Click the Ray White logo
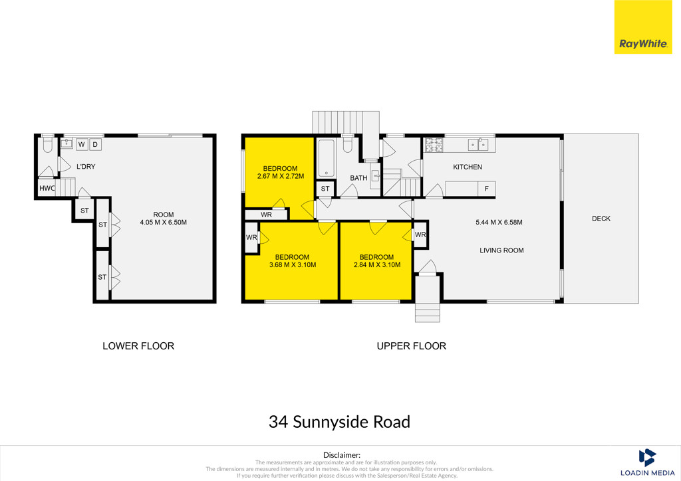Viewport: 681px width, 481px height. pyautogui.click(x=643, y=27)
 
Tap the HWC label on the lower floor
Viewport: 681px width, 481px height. pyautogui.click(x=47, y=188)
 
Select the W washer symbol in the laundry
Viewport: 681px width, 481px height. pyautogui.click(x=82, y=144)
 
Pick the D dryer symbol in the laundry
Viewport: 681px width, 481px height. pyautogui.click(x=96, y=144)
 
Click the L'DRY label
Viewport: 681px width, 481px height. pyautogui.click(x=86, y=167)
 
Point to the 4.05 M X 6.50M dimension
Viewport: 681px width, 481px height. pyautogui.click(x=164, y=223)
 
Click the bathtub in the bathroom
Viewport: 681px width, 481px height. pyautogui.click(x=326, y=158)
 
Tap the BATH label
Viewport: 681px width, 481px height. pyautogui.click(x=358, y=178)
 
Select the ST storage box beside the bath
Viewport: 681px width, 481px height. pyautogui.click(x=325, y=189)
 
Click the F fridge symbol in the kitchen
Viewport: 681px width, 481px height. pyautogui.click(x=486, y=189)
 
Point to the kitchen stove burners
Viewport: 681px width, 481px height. pyautogui.click(x=434, y=145)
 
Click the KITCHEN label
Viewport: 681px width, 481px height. pyautogui.click(x=468, y=167)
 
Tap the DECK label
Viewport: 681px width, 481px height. pyautogui.click(x=601, y=219)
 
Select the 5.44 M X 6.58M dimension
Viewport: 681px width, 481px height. pyautogui.click(x=499, y=223)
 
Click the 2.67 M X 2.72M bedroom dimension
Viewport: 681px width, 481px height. pyautogui.click(x=281, y=177)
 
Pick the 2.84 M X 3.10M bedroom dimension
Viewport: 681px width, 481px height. pyautogui.click(x=377, y=265)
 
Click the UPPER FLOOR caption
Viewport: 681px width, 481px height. pyautogui.click(x=411, y=346)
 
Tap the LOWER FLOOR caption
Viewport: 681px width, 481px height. pyautogui.click(x=138, y=346)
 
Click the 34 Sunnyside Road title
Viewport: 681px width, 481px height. pyautogui.click(x=339, y=422)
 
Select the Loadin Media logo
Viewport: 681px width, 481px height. pyautogui.click(x=647, y=462)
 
